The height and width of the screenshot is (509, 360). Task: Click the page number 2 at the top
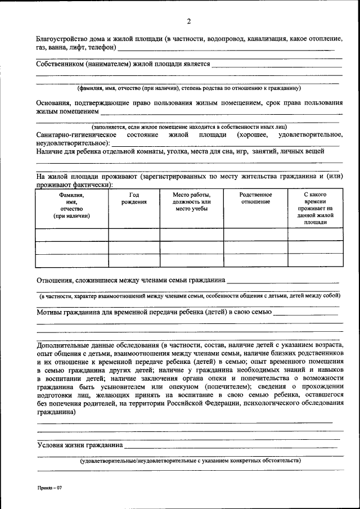pyautogui.click(x=189, y=21)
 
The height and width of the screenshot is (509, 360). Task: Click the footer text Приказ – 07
pyautogui.click(x=49, y=488)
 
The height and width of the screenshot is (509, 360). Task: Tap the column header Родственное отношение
pyautogui.click(x=255, y=198)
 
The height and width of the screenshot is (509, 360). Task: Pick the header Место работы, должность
pyautogui.click(x=191, y=202)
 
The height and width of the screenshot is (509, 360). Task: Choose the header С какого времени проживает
pyautogui.click(x=315, y=209)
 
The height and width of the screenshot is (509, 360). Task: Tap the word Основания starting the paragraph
pyautogui.click(x=55, y=103)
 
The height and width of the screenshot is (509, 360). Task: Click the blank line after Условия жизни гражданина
pyautogui.click(x=231, y=445)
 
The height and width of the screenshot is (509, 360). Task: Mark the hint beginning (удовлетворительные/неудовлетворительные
pyautogui.click(x=190, y=461)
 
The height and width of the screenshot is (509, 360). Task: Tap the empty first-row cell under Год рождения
pyautogui.click(x=134, y=235)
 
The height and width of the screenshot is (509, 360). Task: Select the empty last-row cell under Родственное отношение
pyautogui.click(x=255, y=260)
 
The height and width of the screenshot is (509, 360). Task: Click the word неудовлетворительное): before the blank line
pyautogui.click(x=73, y=143)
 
